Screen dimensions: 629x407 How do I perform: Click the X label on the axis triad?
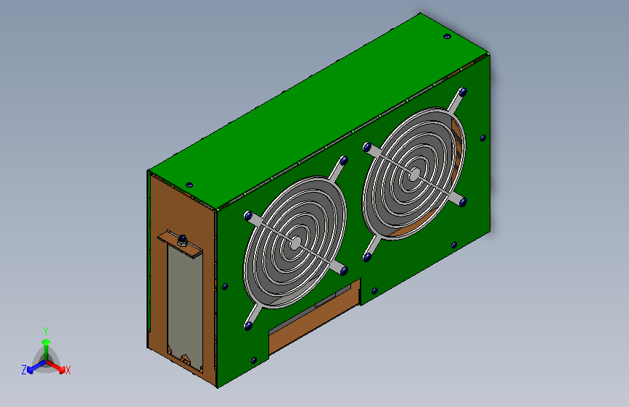(67, 371)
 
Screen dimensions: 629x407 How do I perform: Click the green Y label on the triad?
(46, 332)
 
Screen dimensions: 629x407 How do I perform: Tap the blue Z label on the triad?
(24, 370)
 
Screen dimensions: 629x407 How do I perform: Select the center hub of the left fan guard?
(296, 243)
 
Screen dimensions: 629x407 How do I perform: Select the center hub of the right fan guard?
(415, 174)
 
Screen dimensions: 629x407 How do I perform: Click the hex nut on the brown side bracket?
(182, 240)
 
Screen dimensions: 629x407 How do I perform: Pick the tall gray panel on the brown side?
(185, 306)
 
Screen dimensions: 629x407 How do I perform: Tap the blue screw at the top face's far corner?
(448, 36)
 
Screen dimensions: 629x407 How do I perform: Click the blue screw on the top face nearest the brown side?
(189, 185)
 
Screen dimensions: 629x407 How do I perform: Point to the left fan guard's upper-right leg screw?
(344, 161)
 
